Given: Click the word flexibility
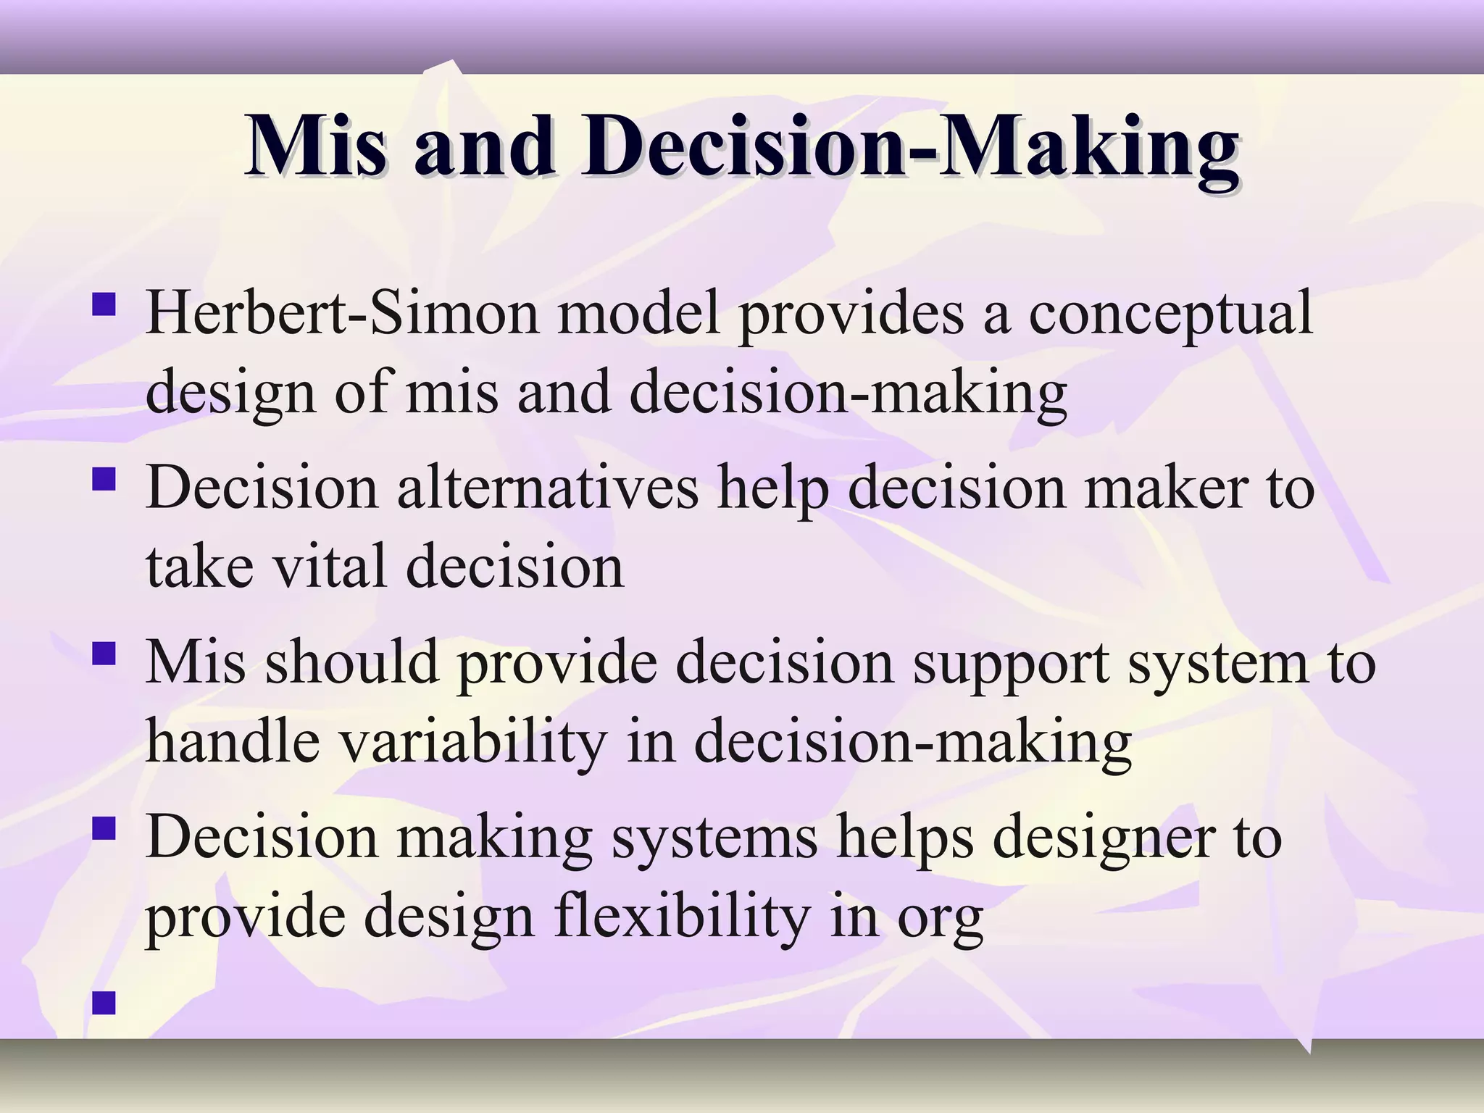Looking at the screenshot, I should point(682,917).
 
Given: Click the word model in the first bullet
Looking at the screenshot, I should point(638,313).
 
